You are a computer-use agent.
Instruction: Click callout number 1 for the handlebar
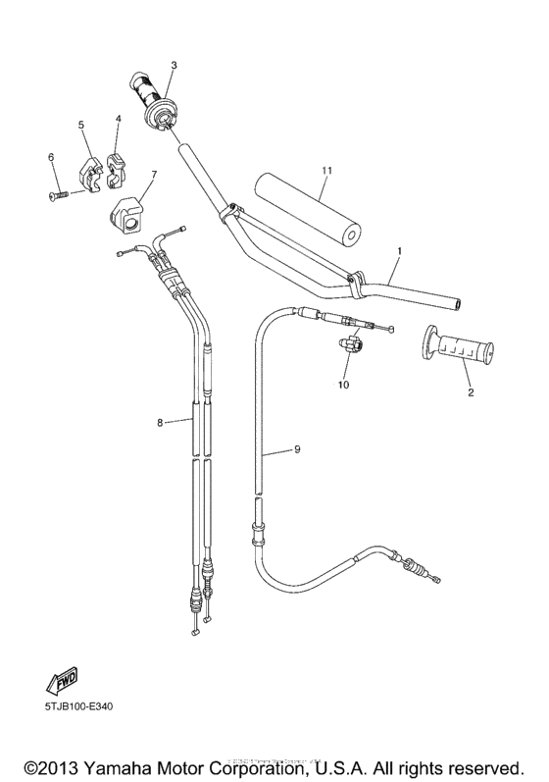coord(399,252)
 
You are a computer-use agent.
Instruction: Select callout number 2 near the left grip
coord(470,392)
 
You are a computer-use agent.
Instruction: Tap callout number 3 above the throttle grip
coord(173,66)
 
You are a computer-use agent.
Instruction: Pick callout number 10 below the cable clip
coord(343,385)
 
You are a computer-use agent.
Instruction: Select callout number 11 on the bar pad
coord(326,170)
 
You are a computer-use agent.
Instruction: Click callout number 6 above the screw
coord(51,157)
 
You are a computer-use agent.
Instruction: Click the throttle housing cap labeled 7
coord(130,211)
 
